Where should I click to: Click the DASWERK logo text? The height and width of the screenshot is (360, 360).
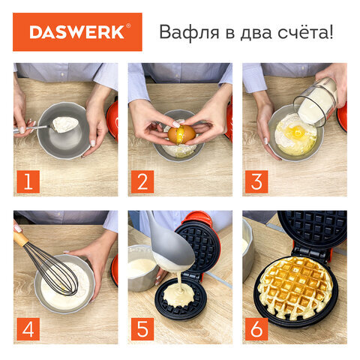[76, 32]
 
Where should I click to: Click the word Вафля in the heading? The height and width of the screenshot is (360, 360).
[189, 32]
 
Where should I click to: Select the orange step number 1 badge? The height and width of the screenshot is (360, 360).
[28, 181]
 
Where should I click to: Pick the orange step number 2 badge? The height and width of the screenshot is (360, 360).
[142, 181]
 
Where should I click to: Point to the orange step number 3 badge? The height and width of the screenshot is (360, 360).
[256, 181]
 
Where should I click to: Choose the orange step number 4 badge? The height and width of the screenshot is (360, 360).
[28, 329]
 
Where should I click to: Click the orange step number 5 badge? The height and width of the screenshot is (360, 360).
[142, 329]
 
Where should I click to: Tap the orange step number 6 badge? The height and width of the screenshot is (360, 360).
[256, 329]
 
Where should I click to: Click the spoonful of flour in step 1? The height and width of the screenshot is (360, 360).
[64, 124]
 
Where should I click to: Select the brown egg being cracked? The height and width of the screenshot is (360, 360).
[181, 134]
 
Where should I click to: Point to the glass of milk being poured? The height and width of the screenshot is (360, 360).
[316, 102]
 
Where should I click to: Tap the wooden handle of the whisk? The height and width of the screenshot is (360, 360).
[21, 239]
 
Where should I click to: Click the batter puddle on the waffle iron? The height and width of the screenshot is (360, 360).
[179, 295]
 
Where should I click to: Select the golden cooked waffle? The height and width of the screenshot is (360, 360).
[295, 287]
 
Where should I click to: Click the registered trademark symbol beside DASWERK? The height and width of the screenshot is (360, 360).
[128, 25]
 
